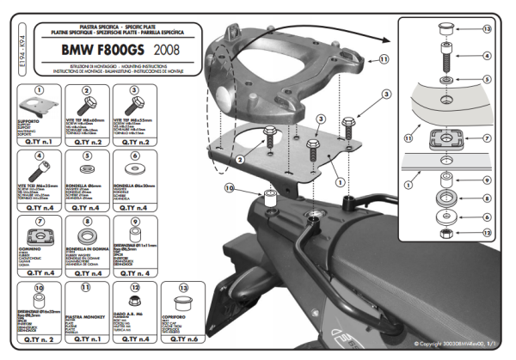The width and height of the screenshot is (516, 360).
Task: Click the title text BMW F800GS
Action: click(x=105, y=50)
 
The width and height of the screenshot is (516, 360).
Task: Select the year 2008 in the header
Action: click(x=166, y=51)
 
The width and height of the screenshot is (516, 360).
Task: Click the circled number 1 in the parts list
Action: click(x=38, y=88)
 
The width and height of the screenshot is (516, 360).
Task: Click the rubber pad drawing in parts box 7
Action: click(x=38, y=241)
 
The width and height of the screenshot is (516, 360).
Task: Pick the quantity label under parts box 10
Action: click(x=38, y=340)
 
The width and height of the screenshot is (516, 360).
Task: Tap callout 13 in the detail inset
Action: click(x=486, y=29)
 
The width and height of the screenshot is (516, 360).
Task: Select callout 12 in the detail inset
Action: click(x=486, y=233)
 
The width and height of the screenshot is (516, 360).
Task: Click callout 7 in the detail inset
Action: click(x=486, y=137)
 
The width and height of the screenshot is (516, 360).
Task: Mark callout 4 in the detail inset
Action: click(x=486, y=56)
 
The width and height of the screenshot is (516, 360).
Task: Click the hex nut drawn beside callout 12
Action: click(x=447, y=232)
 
